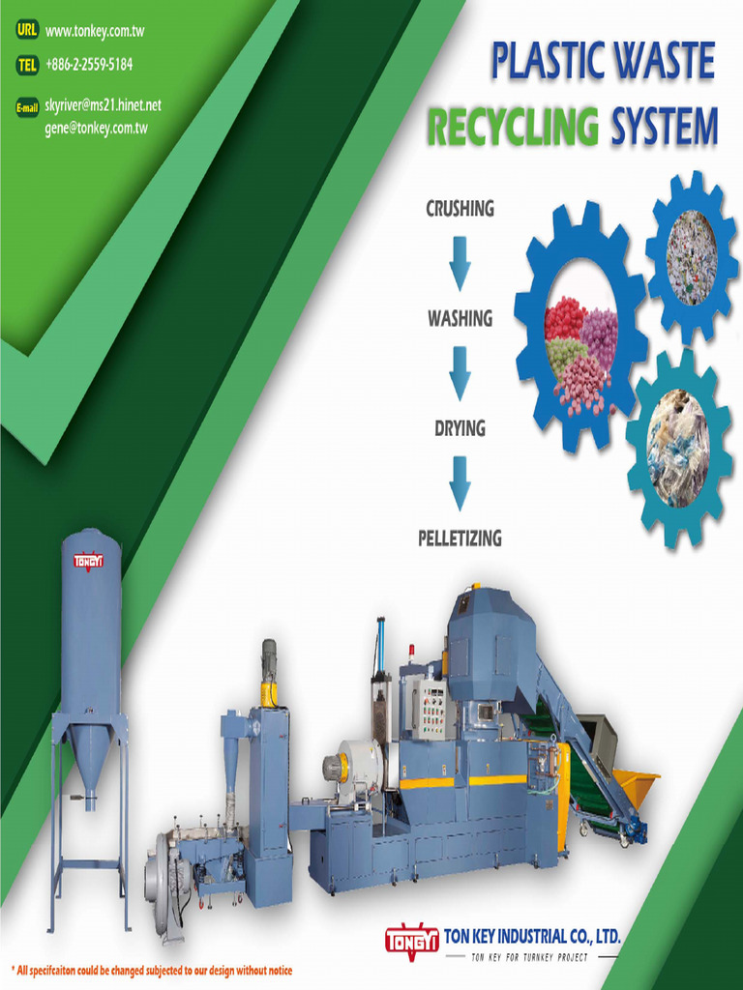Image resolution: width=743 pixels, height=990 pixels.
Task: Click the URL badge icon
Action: coord(26,30)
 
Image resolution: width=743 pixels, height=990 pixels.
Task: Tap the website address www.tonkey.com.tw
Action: coord(95,31)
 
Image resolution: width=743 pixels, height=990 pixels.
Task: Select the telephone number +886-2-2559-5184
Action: coord(89,65)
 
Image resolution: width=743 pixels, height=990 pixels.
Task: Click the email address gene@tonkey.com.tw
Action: coord(96,128)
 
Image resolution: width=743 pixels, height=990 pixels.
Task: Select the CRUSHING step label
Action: coord(460,209)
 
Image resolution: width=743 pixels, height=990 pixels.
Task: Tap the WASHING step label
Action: coord(460,318)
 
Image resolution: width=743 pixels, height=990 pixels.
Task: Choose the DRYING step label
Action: coord(460,427)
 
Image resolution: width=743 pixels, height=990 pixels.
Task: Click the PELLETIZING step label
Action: coord(460,538)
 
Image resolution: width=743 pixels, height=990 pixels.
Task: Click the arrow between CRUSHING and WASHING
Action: coord(460,262)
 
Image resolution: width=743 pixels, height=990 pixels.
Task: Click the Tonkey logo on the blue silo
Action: coord(89,559)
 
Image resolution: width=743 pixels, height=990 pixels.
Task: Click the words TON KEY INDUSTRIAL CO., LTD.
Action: coord(531,936)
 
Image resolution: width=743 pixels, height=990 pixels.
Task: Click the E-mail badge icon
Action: coord(27,107)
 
